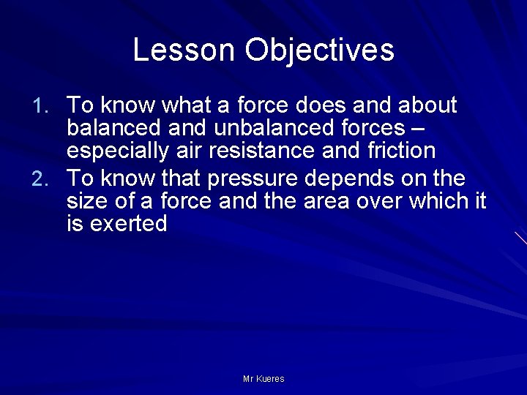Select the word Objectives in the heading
(320, 50)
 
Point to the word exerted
(128, 224)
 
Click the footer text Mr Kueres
(263, 379)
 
